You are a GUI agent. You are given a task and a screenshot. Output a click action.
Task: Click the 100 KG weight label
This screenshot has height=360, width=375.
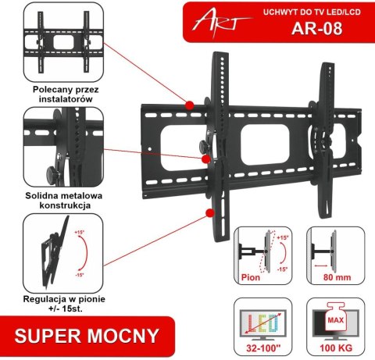coord(332,351)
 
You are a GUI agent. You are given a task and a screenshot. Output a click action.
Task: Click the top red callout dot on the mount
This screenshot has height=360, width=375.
coord(190,104)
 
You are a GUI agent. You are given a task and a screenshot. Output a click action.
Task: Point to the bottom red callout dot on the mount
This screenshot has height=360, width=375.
coord(209,212)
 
